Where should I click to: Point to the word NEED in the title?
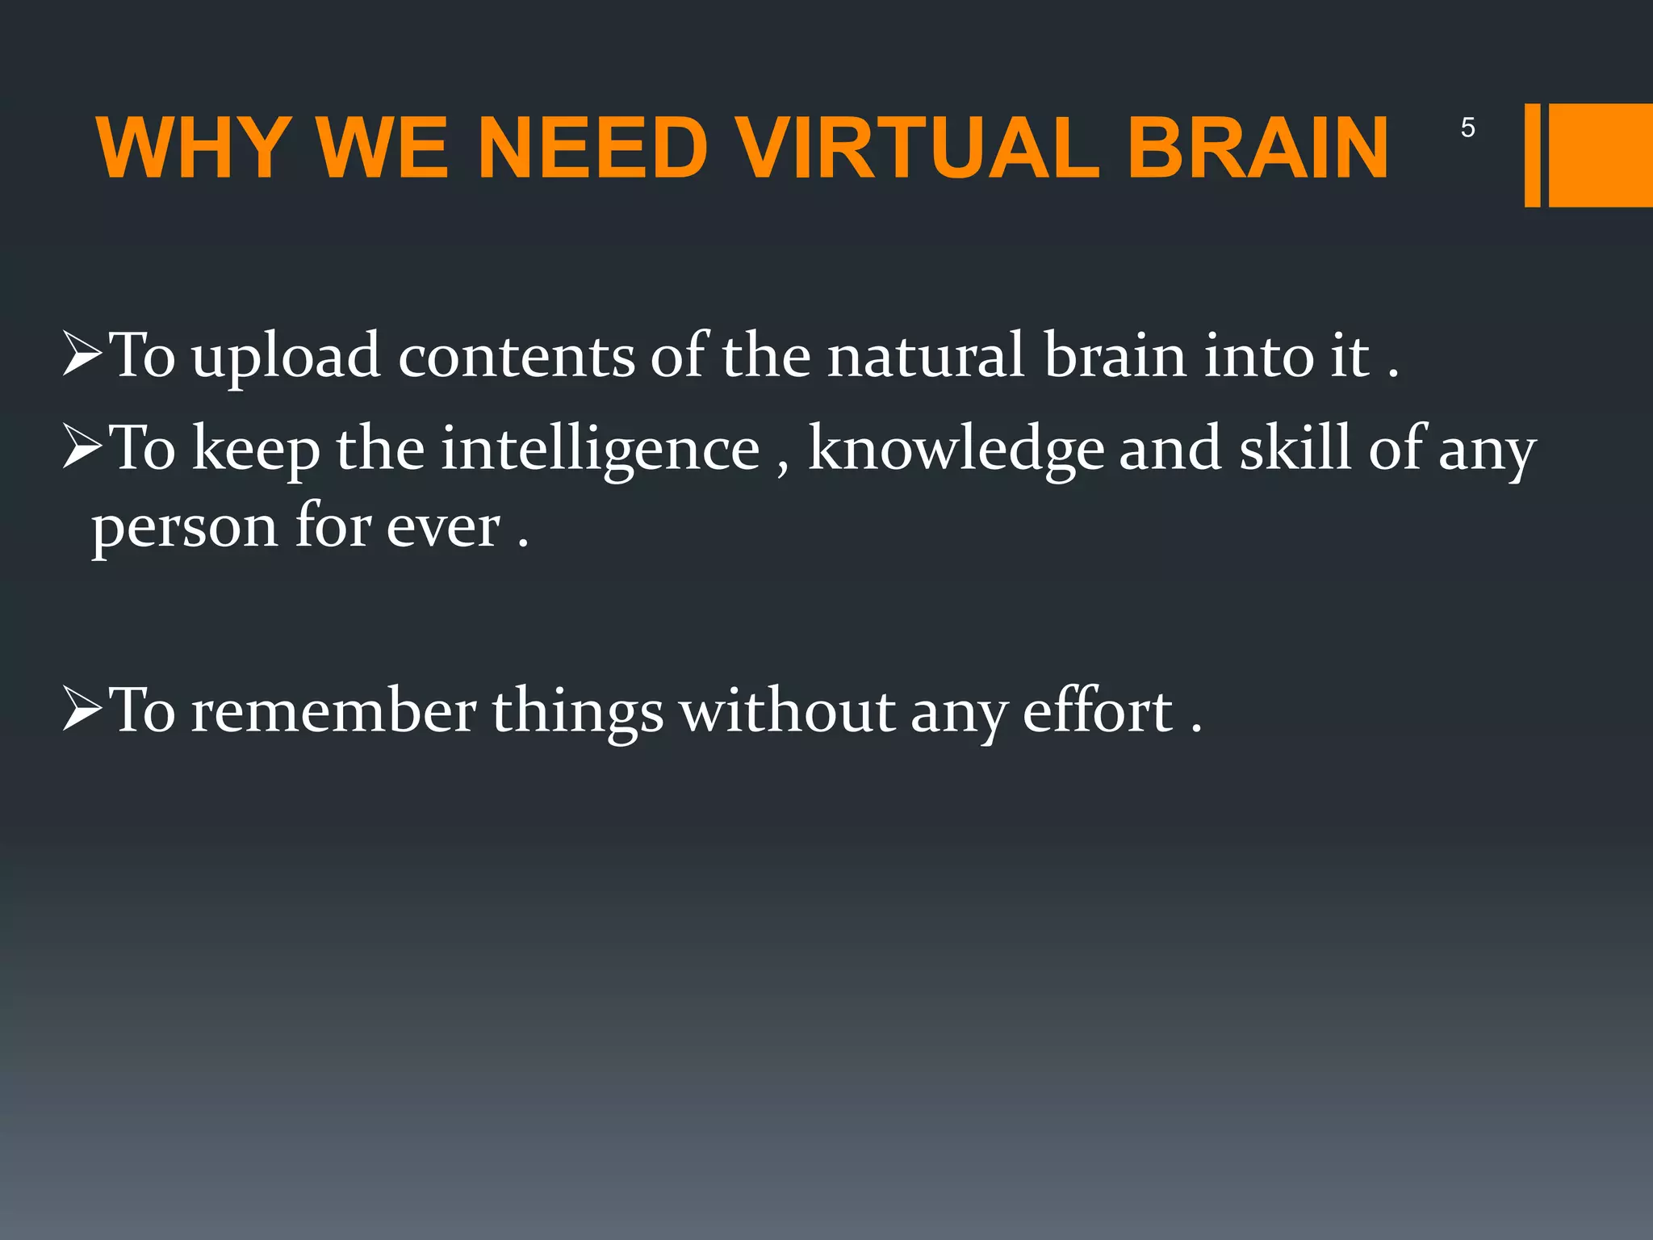(x=592, y=149)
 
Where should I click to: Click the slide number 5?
(x=1468, y=128)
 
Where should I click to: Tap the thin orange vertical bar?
(x=1532, y=155)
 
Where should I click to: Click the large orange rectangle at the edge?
(x=1601, y=155)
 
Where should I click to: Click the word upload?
(x=286, y=357)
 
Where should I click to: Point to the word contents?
(x=517, y=357)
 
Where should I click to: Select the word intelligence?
(x=600, y=450)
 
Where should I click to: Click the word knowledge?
(x=956, y=450)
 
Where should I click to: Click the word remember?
(x=333, y=711)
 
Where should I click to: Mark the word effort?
(x=1097, y=711)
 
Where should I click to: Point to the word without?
(x=786, y=711)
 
